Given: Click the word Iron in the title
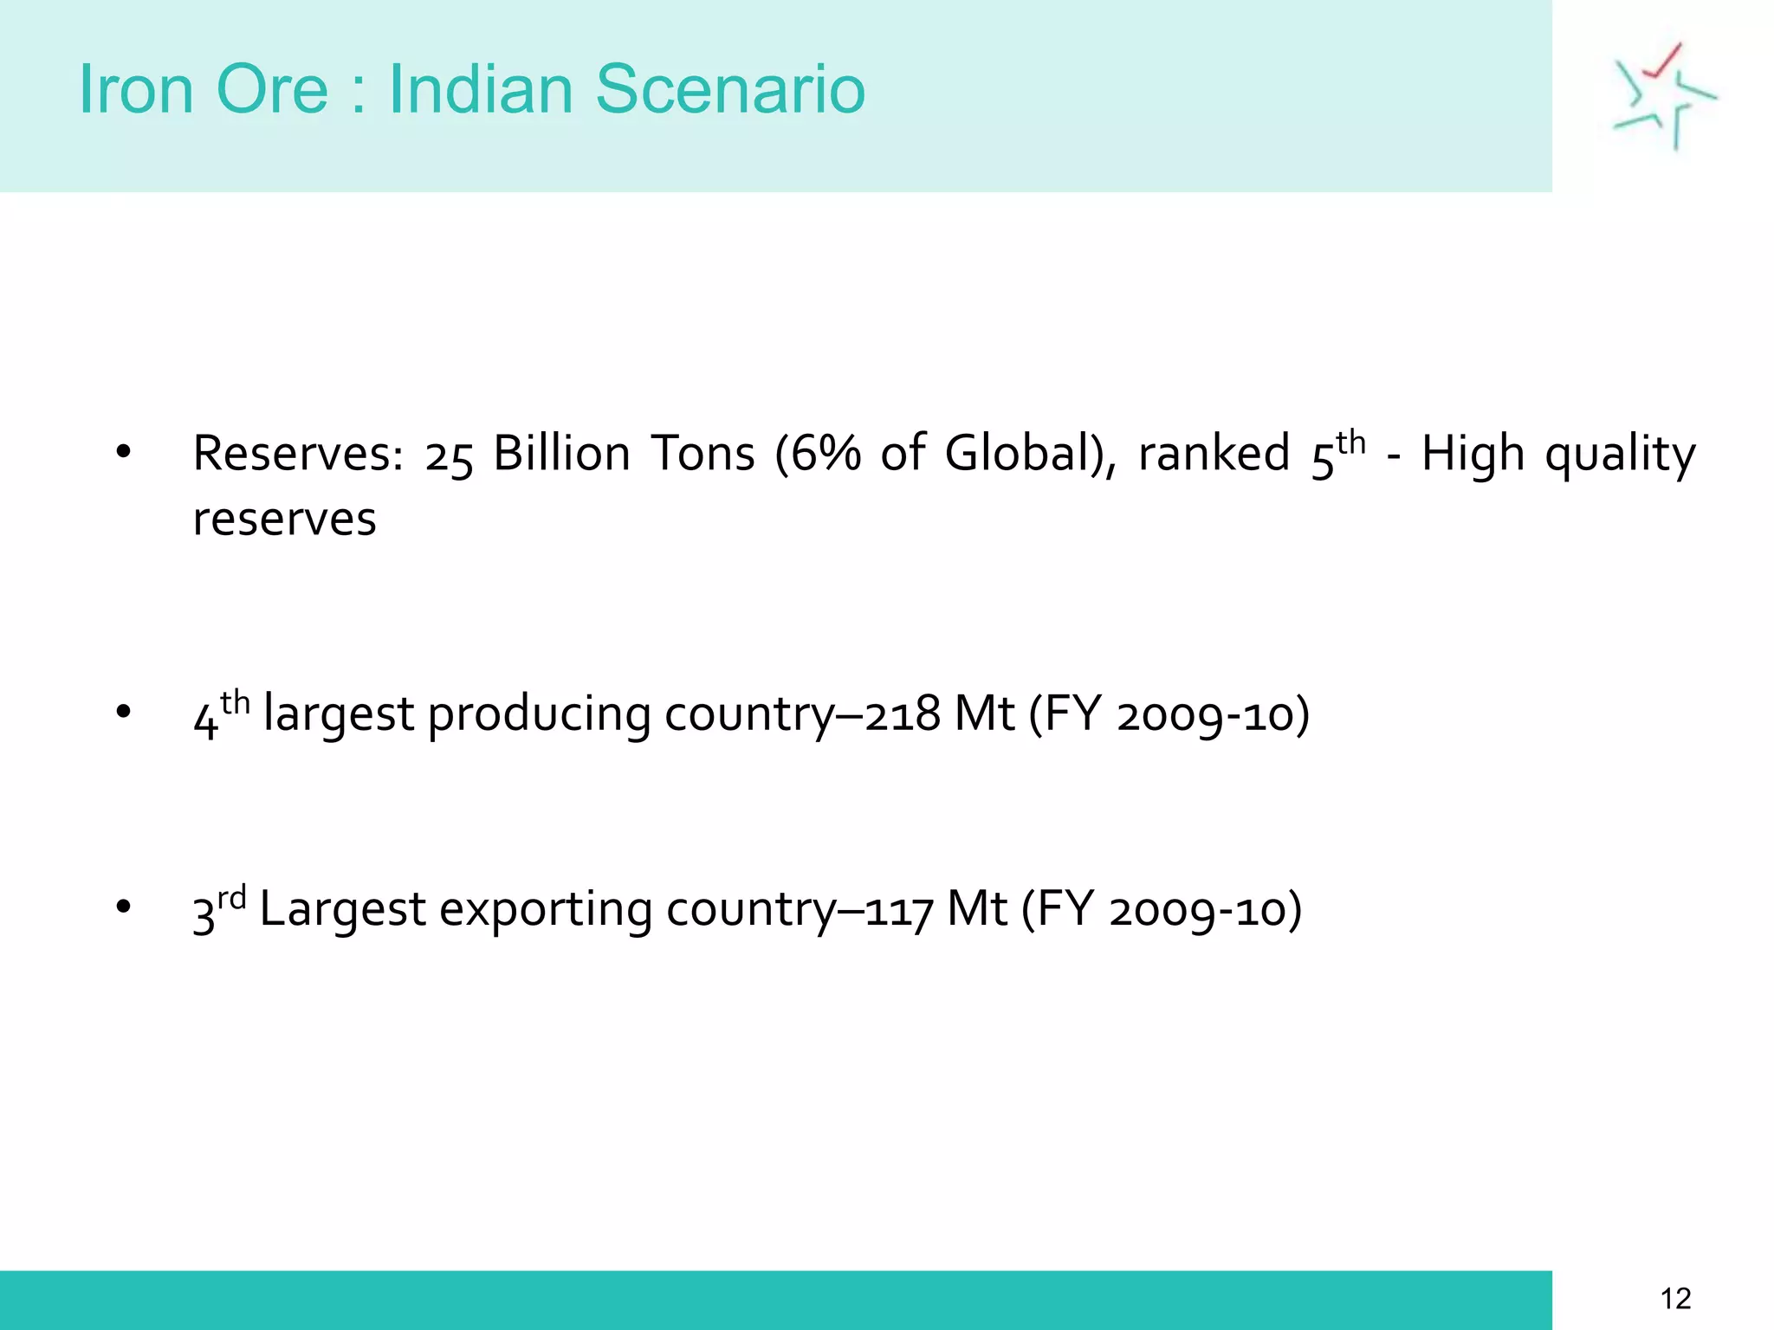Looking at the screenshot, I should coord(136,89).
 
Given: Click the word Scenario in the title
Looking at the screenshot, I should coord(730,89).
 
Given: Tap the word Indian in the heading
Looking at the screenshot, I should coord(481,89).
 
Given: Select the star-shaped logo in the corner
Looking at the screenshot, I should coord(1663,96).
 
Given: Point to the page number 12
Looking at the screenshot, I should coord(1675,1299).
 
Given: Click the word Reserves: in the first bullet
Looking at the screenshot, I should coord(298,454).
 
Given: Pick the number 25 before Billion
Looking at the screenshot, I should coord(449,456).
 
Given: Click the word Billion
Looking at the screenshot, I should coord(561,454).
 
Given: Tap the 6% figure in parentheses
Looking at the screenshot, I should coord(823,454).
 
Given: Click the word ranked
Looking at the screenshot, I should coord(1214,454).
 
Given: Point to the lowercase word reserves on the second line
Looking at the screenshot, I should coord(284,520).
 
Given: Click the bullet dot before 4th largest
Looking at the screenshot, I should coord(124,712).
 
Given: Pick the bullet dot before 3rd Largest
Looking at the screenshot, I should coord(124,907).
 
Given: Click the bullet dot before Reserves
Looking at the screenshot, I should coord(124,451).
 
